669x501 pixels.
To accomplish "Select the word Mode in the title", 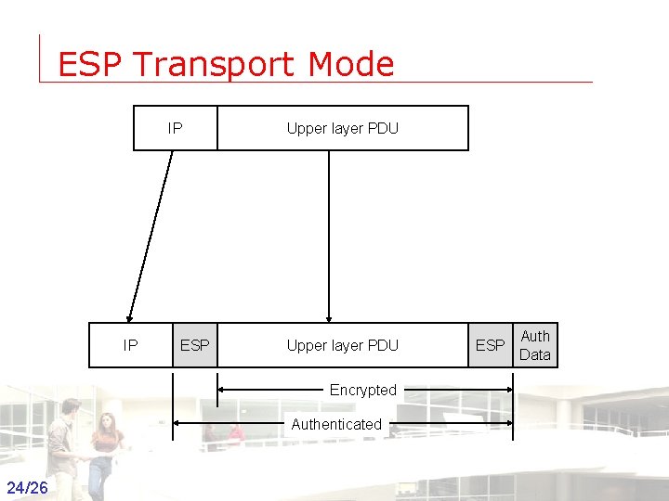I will [352, 65].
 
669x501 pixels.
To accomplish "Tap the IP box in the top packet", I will [176, 128].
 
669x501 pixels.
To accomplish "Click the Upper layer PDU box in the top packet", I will [342, 128].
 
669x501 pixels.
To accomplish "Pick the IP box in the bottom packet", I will [131, 345].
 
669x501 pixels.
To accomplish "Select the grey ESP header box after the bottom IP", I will [194, 345].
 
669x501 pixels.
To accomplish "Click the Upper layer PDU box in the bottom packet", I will [342, 345].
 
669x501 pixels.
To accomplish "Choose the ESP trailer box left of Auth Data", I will [490, 345].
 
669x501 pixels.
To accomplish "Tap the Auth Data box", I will [535, 345].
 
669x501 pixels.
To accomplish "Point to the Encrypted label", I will [362, 390].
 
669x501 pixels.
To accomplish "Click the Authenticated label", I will [336, 424].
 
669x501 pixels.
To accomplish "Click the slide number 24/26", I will [26, 487].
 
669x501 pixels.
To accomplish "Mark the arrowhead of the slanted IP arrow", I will [131, 315].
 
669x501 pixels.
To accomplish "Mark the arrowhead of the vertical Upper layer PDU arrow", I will [328, 316].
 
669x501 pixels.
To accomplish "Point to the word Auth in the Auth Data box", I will [535, 336].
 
